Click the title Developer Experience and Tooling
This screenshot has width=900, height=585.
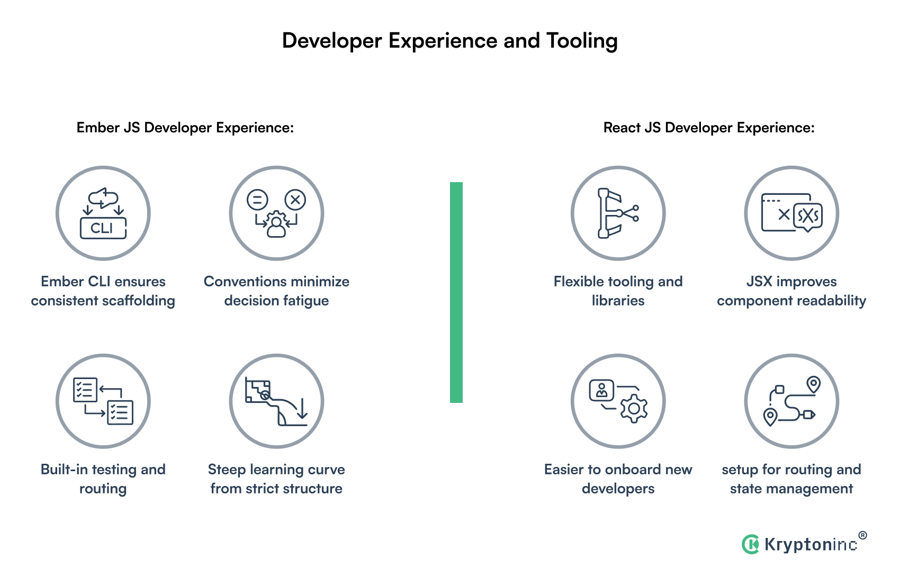(x=449, y=41)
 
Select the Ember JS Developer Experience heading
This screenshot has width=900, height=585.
(x=185, y=128)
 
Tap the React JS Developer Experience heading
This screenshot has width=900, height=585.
(x=709, y=128)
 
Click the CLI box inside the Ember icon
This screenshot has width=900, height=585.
(x=103, y=228)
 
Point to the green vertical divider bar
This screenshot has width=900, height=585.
(x=456, y=292)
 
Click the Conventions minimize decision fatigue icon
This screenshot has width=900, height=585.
(x=276, y=213)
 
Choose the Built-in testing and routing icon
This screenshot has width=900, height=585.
(x=103, y=401)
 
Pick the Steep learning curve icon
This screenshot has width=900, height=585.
(x=276, y=401)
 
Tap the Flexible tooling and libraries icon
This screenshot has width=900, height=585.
(x=618, y=213)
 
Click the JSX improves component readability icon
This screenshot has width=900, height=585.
(x=791, y=213)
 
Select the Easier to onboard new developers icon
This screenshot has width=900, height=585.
(x=618, y=401)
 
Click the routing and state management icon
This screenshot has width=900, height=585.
(x=791, y=401)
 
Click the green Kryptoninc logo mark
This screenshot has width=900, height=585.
(x=750, y=544)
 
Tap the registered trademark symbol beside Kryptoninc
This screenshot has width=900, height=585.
(x=862, y=535)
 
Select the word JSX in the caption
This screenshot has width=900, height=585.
(x=759, y=282)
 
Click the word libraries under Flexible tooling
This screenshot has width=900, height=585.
(x=618, y=301)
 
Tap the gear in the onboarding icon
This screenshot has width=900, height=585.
(x=634, y=409)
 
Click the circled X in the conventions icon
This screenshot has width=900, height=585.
(x=295, y=200)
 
